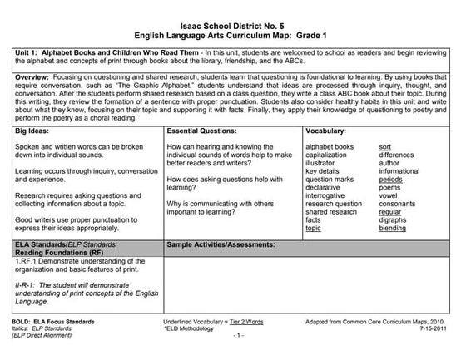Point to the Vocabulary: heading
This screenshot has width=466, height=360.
(327, 131)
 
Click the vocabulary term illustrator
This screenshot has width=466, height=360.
(324, 164)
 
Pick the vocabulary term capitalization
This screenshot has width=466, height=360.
(329, 155)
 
